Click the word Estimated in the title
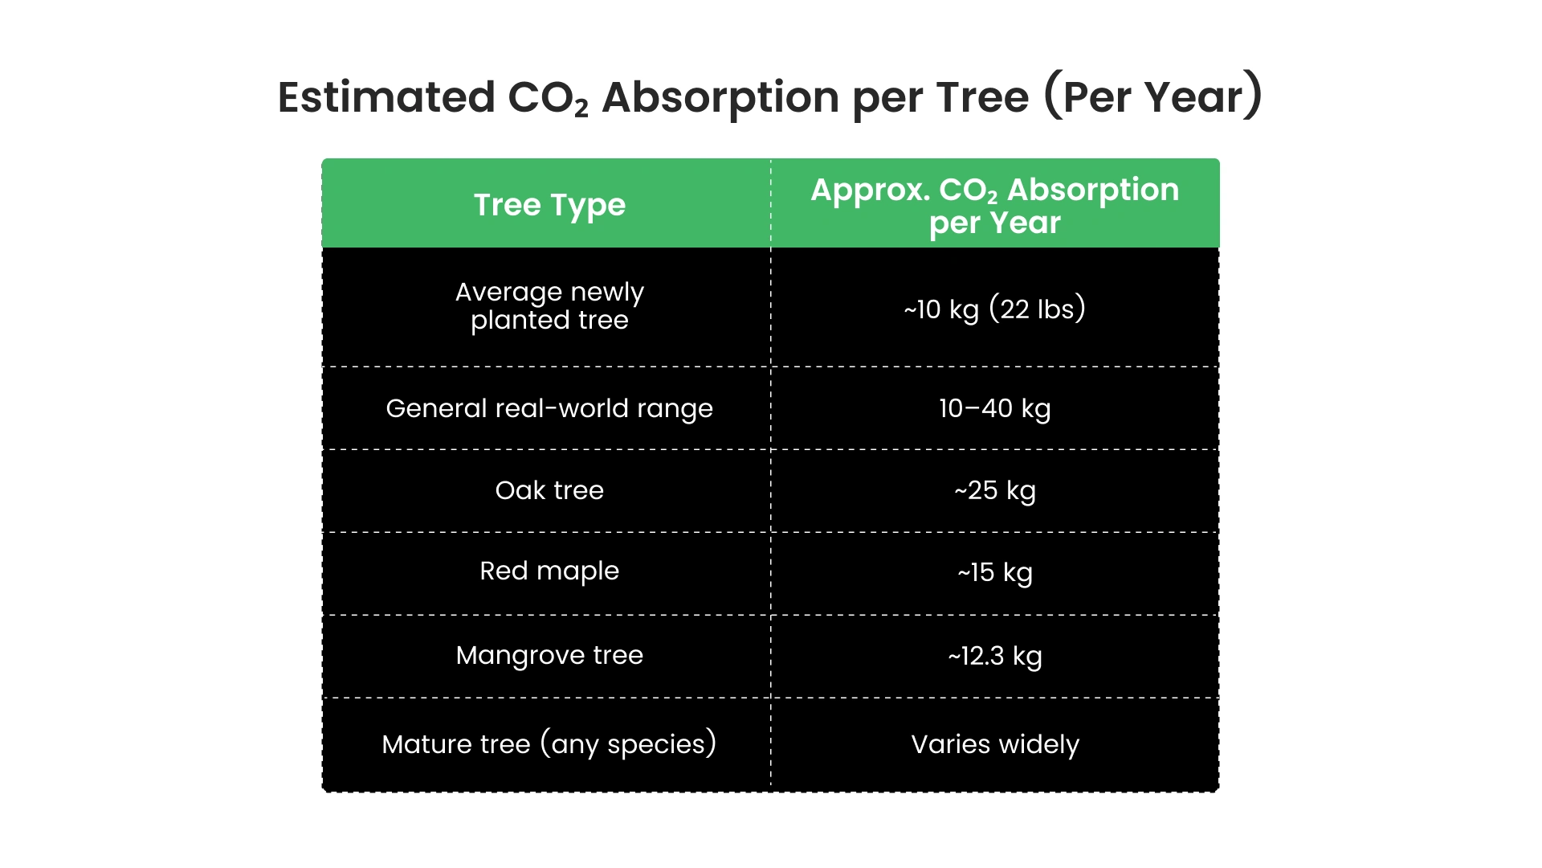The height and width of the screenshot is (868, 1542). coord(386,97)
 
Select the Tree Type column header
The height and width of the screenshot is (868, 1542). coord(549,205)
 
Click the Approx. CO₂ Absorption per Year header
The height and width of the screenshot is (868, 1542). coord(994,206)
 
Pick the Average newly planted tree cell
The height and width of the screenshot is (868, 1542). coord(549,306)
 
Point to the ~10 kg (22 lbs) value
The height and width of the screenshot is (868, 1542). coord(994,309)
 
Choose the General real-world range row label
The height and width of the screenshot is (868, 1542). coord(549,408)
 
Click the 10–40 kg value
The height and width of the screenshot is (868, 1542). coord(994,408)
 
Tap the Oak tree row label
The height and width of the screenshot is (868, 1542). coord(549,490)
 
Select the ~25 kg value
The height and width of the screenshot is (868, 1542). coord(994,490)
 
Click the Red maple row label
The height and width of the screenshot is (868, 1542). coord(549,571)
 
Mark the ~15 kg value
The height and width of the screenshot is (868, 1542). coord(994,572)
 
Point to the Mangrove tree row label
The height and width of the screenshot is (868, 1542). coord(549,655)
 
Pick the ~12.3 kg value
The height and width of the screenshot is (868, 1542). coord(994,656)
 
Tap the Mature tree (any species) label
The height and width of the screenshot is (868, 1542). coord(549,744)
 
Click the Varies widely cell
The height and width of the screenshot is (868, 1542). coord(994,744)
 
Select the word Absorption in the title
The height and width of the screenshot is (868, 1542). coord(720,97)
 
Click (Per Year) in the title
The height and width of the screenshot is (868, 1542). coord(1153,97)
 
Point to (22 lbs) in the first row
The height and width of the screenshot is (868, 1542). coord(1037,309)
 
